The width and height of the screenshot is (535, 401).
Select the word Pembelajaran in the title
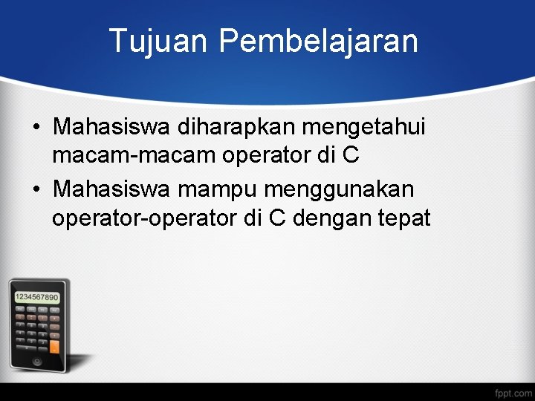[318, 41]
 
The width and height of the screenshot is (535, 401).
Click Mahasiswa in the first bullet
[111, 127]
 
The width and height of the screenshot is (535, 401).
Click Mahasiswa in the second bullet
[111, 189]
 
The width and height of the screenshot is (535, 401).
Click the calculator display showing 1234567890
[36, 297]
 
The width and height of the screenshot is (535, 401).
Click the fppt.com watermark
[513, 391]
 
